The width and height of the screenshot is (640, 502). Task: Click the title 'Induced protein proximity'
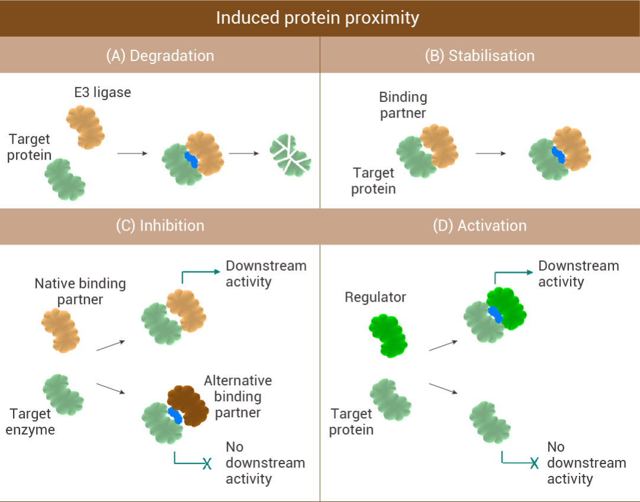point(318,18)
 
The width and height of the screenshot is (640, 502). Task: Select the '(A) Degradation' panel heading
point(160,56)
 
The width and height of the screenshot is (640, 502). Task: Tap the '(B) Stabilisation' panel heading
point(479,56)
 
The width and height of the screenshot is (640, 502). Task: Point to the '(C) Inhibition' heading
point(160,226)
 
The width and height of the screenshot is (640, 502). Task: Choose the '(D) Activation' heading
point(479,226)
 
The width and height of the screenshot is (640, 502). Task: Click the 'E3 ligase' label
point(103,92)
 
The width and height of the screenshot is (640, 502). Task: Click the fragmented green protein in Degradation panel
point(290,155)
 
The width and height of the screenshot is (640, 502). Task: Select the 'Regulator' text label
point(376,297)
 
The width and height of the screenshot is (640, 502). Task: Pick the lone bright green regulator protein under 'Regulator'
point(388,335)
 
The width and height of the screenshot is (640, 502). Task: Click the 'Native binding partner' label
point(80,292)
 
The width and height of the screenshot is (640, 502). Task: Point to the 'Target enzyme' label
point(30,421)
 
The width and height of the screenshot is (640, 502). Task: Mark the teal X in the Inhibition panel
point(207,463)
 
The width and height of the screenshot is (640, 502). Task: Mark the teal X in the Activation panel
point(535,463)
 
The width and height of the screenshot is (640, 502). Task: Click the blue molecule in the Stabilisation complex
point(558,155)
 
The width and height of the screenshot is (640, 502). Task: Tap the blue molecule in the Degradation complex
point(191,159)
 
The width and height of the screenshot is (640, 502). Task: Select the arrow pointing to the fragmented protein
point(244,154)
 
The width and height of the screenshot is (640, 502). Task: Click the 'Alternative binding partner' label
point(238,397)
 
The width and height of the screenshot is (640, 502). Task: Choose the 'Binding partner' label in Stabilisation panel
point(403,105)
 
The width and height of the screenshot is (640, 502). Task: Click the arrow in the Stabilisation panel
point(491,154)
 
